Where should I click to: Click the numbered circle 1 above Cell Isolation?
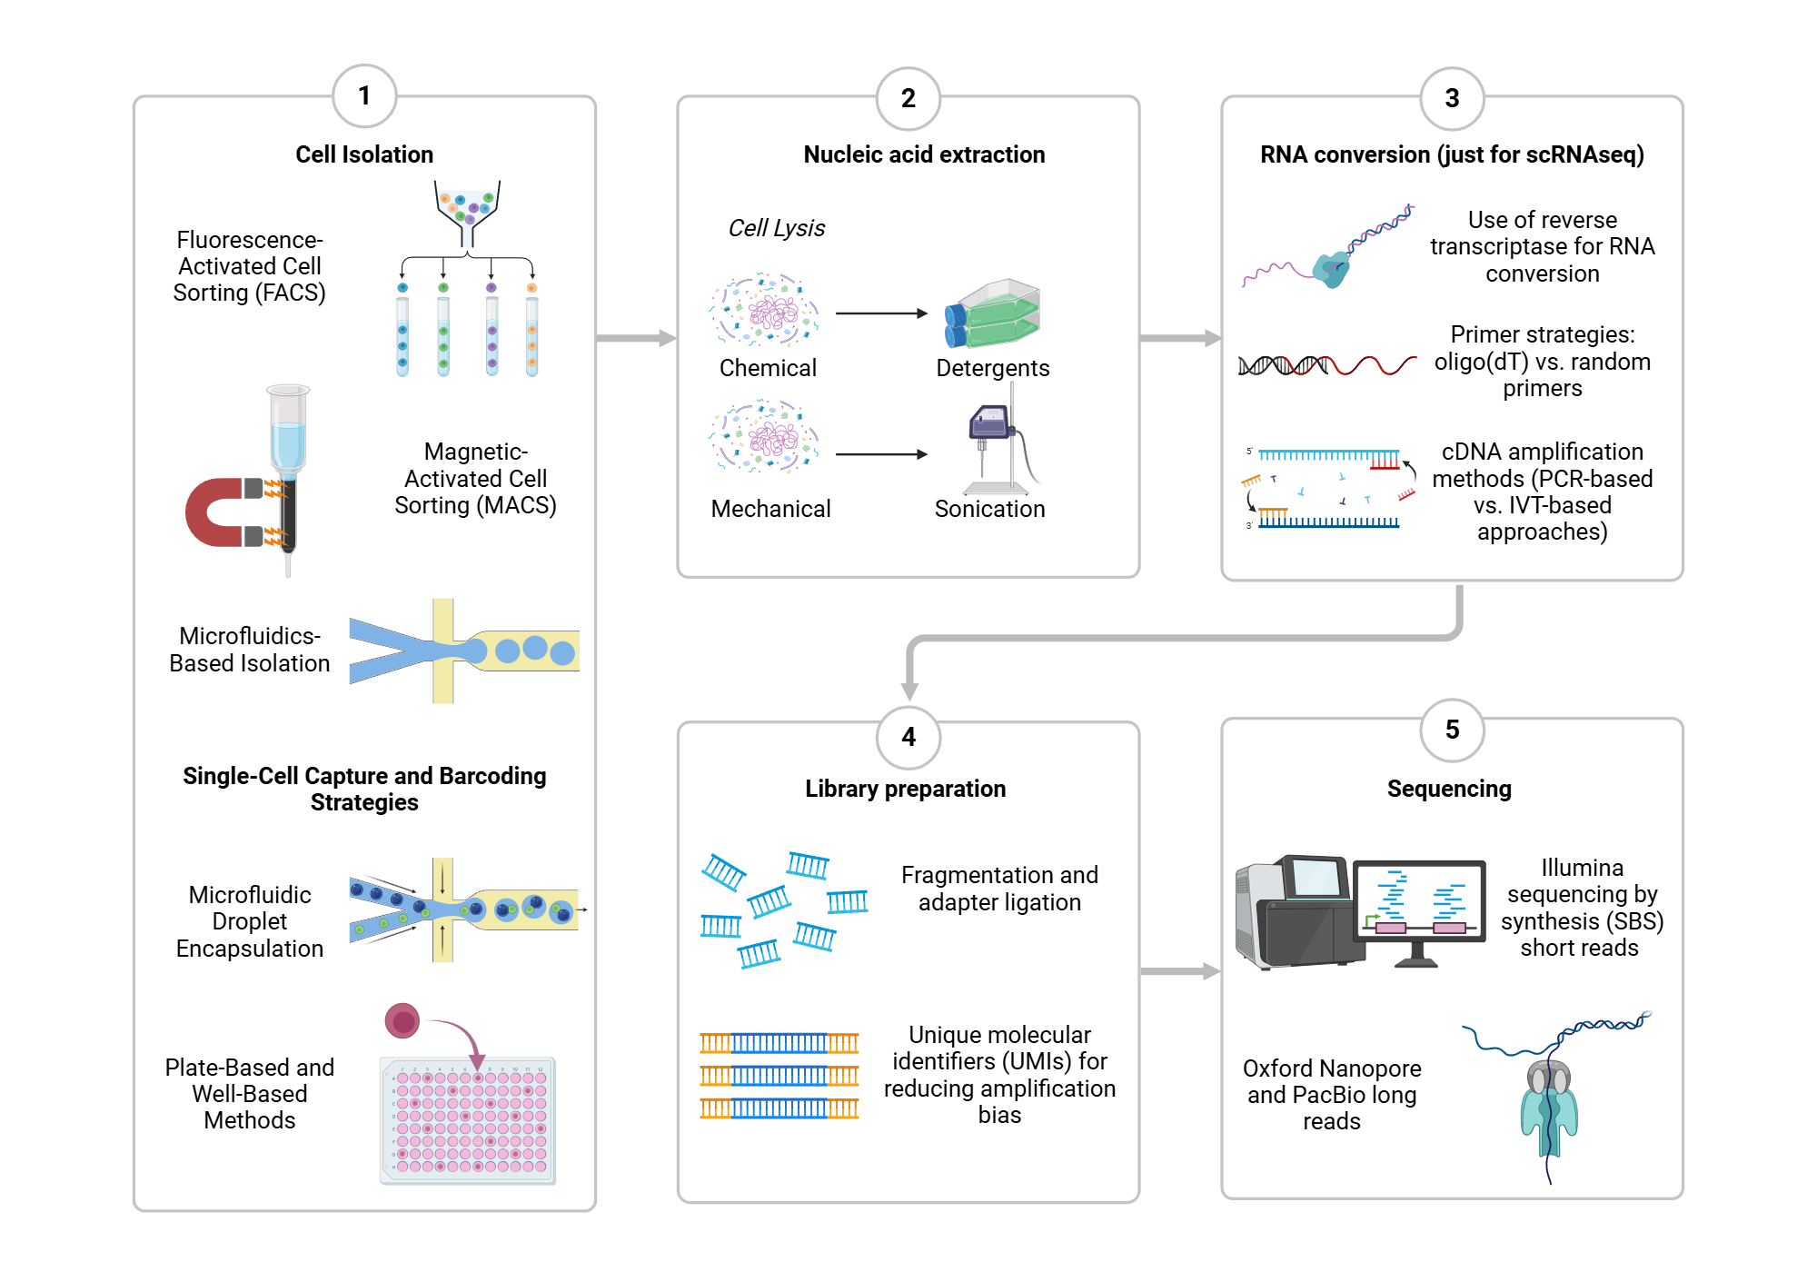(364, 96)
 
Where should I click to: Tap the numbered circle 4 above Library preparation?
(908, 737)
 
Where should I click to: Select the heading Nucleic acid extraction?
(924, 154)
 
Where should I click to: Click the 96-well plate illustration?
(468, 1120)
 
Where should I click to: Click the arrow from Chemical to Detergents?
(880, 313)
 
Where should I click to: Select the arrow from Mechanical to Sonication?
(880, 454)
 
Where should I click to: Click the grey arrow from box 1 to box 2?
(636, 338)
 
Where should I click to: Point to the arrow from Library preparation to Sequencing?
(1179, 971)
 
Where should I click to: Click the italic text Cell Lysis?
(776, 228)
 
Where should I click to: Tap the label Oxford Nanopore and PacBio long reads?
(1331, 1094)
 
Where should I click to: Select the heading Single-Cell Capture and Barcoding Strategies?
(364, 789)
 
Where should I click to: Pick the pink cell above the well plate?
(402, 1020)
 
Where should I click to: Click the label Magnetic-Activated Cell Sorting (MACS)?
(475, 478)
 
